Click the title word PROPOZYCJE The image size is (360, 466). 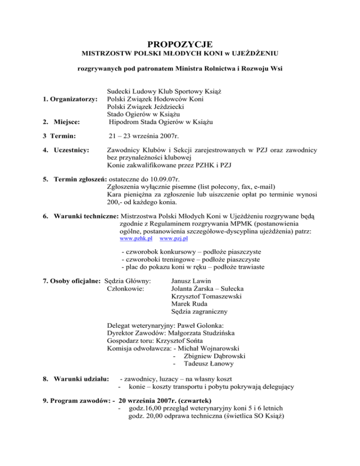point(180,45)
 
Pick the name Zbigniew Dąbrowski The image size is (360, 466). point(216,356)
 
